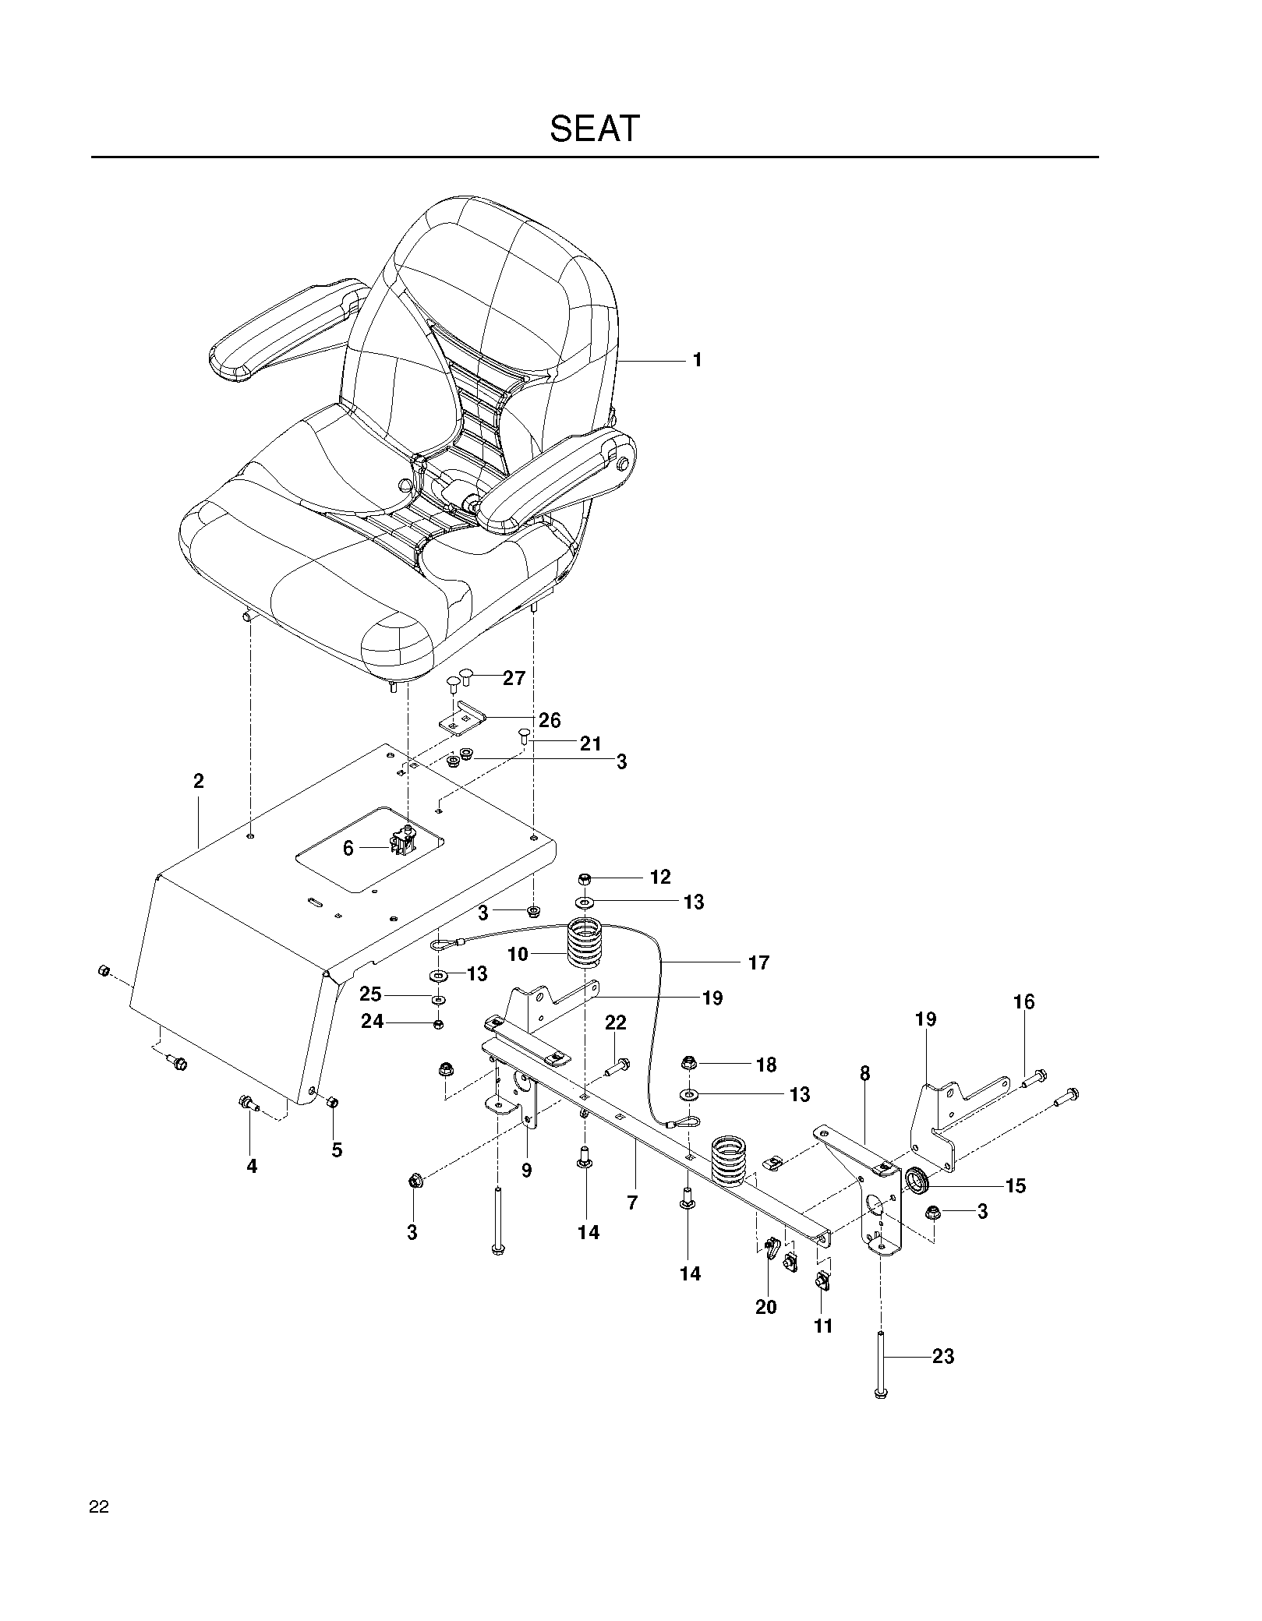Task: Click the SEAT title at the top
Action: point(595,129)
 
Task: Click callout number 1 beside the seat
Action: point(698,360)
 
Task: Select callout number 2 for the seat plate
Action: point(199,781)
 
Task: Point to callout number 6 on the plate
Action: point(348,849)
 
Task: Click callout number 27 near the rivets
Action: point(514,678)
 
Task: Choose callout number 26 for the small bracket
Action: point(550,720)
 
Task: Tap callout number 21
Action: point(591,744)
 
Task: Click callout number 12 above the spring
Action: point(660,878)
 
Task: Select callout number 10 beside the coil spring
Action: point(518,954)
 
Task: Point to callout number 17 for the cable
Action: point(758,963)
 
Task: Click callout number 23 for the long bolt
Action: point(943,1357)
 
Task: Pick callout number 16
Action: point(1024,1002)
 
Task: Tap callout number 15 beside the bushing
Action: point(1016,1186)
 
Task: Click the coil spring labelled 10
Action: point(584,945)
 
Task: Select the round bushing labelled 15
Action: point(918,1181)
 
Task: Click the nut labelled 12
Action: point(585,879)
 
